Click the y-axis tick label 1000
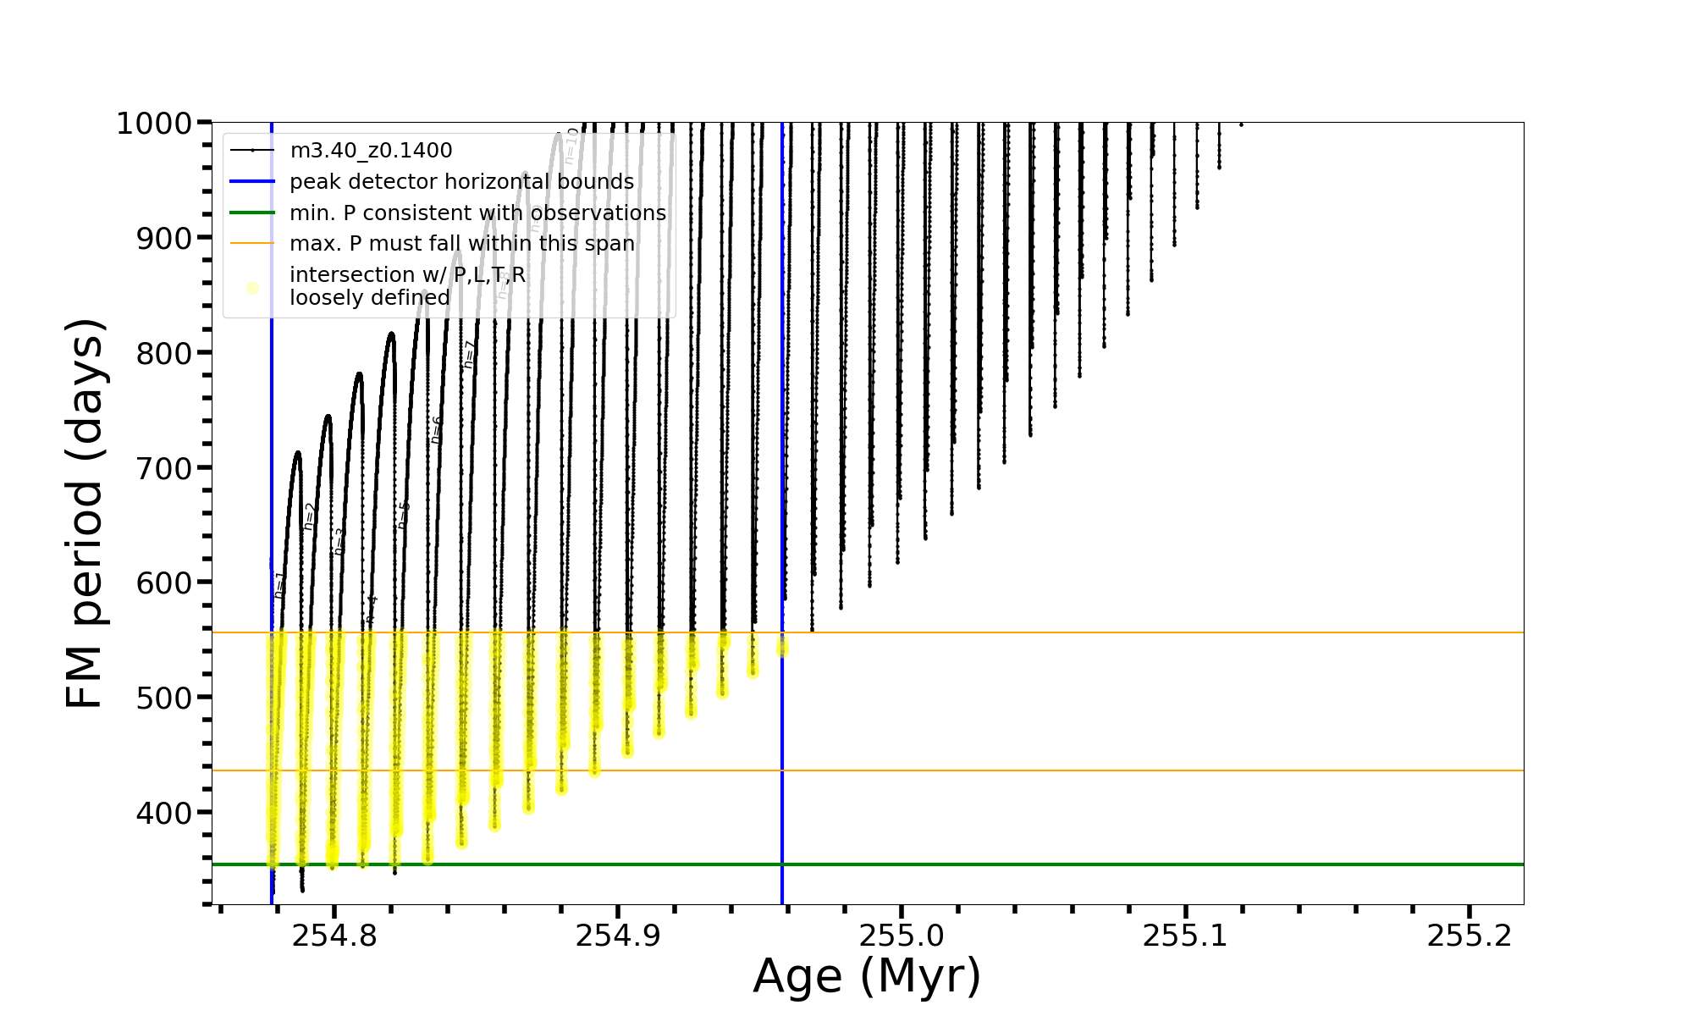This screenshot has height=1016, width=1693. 153,124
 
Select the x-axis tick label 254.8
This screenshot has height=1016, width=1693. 334,936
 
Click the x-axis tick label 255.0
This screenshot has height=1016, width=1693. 902,936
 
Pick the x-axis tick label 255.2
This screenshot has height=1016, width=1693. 1470,936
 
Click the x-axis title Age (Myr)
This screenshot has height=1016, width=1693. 867,976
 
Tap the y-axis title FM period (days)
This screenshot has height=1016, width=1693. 85,513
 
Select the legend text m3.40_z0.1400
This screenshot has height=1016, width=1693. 371,151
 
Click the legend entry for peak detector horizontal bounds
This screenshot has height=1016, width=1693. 461,182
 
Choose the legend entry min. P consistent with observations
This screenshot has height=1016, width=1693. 477,213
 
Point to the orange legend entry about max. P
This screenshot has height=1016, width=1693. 461,244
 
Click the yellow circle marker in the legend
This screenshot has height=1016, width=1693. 252,289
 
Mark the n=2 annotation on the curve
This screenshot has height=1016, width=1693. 310,516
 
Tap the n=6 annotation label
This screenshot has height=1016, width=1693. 436,430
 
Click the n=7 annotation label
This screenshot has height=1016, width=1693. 469,354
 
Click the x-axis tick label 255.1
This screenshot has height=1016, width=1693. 1185,936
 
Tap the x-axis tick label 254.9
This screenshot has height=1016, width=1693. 618,936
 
